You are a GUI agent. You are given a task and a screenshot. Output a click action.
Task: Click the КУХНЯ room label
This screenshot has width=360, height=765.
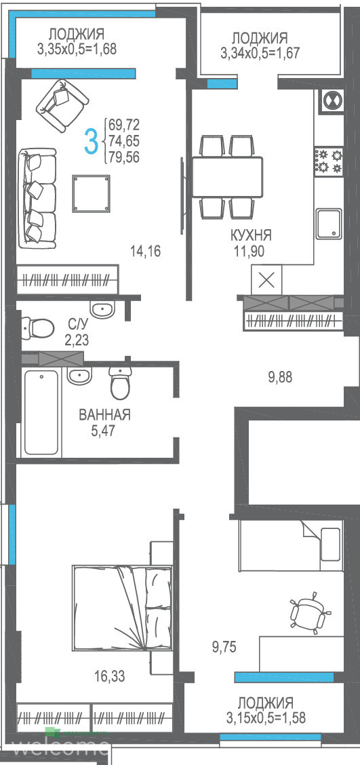pos(251,235)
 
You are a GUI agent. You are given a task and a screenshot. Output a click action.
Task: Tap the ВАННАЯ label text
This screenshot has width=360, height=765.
pos(104,415)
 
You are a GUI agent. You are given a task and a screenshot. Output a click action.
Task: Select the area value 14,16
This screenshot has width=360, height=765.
pos(145,252)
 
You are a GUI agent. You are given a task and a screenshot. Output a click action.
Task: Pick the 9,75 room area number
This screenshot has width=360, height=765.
pos(224,648)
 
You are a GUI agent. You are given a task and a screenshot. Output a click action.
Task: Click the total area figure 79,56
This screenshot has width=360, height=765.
pos(125,157)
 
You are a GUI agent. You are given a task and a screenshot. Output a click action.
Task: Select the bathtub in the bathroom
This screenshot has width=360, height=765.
pos(42,412)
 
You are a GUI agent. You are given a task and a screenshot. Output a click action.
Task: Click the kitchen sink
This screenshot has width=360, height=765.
pos(328,224)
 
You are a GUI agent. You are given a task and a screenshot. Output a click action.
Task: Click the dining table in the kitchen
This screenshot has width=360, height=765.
pos(227,176)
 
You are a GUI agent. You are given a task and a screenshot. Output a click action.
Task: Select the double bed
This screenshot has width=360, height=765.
pos(123,608)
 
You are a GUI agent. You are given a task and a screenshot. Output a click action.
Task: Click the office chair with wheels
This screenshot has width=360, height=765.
pos(308,612)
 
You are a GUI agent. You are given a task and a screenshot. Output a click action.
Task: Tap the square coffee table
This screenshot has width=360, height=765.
pos(91,194)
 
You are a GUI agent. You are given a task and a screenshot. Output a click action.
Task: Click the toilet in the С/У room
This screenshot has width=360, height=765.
pos(37,328)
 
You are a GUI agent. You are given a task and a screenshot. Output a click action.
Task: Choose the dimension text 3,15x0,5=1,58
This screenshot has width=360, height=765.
pos(266,718)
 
